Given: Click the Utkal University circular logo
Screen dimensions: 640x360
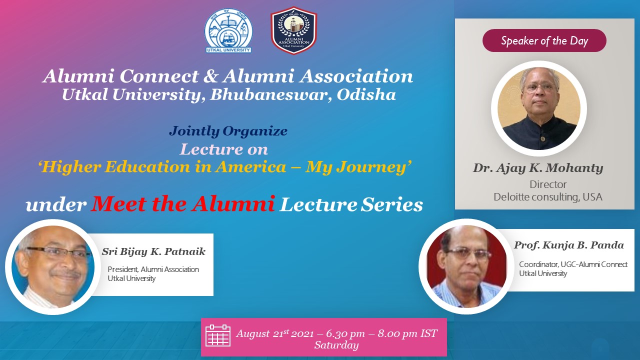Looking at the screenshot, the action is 228,31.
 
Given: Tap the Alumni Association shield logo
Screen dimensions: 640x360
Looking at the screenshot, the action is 293,30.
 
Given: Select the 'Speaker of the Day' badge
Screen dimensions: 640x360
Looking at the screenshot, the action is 544,40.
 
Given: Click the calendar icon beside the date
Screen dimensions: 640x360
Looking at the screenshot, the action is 218,335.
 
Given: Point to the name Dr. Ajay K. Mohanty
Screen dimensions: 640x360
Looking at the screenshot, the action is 538,168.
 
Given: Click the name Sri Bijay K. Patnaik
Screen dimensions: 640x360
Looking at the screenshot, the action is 153,251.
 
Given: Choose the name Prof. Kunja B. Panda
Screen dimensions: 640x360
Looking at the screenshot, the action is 569,245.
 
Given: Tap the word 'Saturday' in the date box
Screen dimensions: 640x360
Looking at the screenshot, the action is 336,345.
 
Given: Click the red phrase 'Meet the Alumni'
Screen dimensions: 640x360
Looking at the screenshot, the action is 183,203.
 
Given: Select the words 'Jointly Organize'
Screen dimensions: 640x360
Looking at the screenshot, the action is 228,131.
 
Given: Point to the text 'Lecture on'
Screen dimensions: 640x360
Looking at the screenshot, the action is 224,149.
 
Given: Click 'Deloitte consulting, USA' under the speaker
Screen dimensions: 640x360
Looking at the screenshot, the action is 548,197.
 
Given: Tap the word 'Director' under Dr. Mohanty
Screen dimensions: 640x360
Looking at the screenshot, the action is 548,184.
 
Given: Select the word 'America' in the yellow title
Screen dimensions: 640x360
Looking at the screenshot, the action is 250,167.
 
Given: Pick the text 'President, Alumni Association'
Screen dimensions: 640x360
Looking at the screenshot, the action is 153,269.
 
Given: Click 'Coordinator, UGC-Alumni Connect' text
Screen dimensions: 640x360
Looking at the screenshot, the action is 573,264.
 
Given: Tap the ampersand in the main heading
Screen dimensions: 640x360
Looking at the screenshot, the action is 211,76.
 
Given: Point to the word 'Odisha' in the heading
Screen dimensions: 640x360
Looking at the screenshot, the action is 366,95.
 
